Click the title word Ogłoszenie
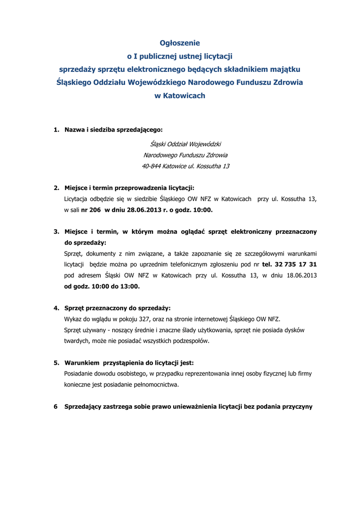pos(179,43)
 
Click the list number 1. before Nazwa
pos(57,130)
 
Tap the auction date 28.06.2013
pos(144,210)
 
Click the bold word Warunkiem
pos(81,363)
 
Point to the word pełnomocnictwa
pos(154,384)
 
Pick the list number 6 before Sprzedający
pos(56,407)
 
